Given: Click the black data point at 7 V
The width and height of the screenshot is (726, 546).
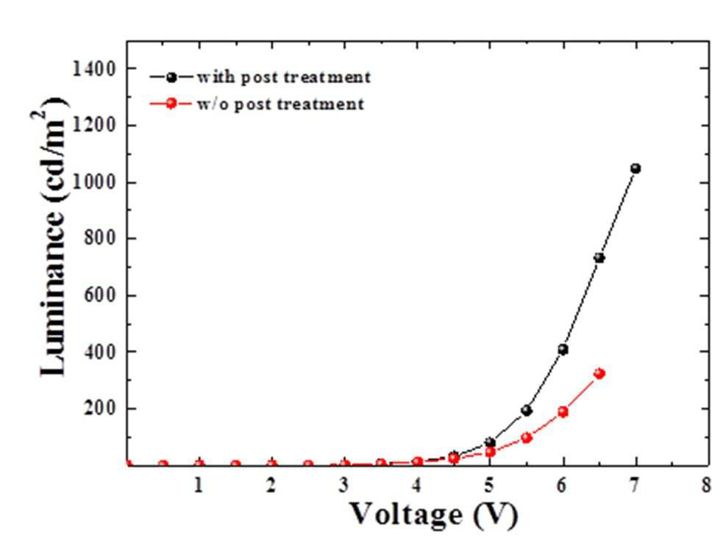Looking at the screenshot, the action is (x=636, y=168).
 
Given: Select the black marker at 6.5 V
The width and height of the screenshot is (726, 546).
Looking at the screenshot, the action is (x=599, y=258).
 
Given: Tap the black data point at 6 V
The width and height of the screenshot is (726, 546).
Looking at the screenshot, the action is (x=563, y=349).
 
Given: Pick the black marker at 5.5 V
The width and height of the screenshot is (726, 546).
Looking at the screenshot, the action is (x=527, y=411).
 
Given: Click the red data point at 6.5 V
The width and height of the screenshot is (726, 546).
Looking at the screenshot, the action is (x=599, y=373).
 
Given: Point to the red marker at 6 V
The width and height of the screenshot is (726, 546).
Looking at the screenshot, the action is (x=563, y=412).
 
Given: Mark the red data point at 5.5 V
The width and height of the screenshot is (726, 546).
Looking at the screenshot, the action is (x=527, y=438).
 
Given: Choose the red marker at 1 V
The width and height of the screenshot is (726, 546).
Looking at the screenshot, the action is (x=199, y=464).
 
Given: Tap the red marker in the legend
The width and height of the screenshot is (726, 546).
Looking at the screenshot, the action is (x=171, y=103).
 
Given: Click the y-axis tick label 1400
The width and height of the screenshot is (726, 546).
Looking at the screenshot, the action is (x=94, y=68).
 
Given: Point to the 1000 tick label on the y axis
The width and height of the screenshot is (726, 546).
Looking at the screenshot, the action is (x=94, y=182).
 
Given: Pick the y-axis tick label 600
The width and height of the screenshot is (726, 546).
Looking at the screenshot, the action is (x=99, y=295).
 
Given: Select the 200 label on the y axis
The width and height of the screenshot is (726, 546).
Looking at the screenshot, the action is (x=99, y=409).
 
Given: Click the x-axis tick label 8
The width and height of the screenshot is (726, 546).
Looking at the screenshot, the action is (x=706, y=486).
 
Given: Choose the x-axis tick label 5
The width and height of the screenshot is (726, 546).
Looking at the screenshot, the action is (x=489, y=486).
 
